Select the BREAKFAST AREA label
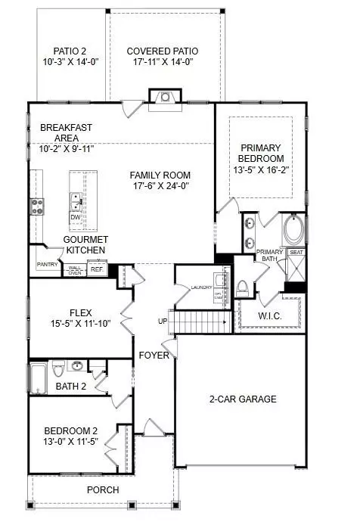(x=61, y=132)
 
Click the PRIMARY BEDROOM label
(x=261, y=153)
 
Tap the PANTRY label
(x=47, y=265)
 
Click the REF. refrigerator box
(x=97, y=268)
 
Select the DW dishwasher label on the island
(x=75, y=217)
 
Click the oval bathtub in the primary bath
(x=292, y=230)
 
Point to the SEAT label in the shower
(x=296, y=252)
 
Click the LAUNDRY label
(x=201, y=287)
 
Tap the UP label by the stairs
(x=163, y=322)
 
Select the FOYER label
(x=153, y=355)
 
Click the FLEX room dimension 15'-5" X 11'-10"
(x=79, y=324)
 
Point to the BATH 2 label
(x=72, y=387)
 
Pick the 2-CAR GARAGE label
(x=242, y=399)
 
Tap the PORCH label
(x=103, y=489)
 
